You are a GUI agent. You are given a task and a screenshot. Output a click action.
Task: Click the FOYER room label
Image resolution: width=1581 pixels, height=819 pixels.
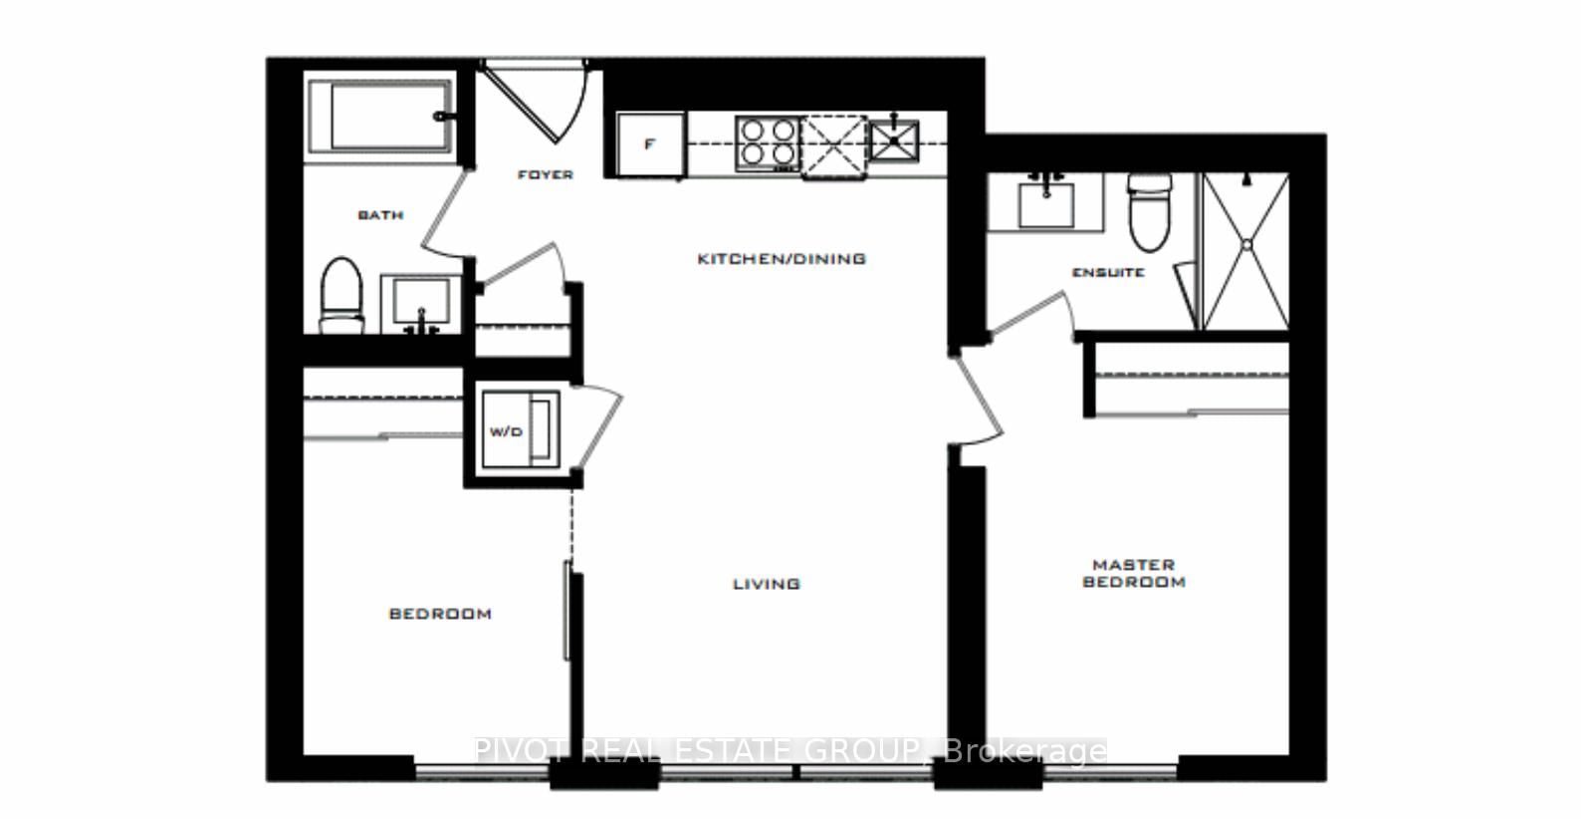pyautogui.click(x=546, y=174)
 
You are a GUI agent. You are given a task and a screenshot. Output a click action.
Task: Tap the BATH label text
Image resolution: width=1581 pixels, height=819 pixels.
pyautogui.click(x=380, y=214)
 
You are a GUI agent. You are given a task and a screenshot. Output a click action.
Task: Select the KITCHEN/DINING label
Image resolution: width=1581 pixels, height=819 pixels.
pyautogui.click(x=781, y=258)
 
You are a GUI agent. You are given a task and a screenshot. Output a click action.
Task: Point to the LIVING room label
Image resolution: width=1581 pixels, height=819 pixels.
pyautogui.click(x=767, y=584)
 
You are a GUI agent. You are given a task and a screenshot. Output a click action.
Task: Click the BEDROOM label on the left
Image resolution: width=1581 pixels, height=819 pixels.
pyautogui.click(x=440, y=614)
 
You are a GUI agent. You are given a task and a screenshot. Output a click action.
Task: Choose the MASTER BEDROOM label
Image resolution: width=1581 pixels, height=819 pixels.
pyautogui.click(x=1134, y=573)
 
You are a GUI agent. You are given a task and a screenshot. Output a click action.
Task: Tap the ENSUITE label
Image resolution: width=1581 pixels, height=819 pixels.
pyautogui.click(x=1108, y=272)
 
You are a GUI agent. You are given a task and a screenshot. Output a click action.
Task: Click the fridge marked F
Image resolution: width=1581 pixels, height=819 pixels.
pyautogui.click(x=650, y=144)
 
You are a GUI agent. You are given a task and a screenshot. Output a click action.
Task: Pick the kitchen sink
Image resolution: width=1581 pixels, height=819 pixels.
pyautogui.click(x=894, y=137)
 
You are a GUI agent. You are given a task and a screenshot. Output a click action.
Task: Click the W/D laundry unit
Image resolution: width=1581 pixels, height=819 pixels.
pyautogui.click(x=517, y=430)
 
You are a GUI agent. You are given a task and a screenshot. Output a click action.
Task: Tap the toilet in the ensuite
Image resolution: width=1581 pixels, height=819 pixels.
pyautogui.click(x=1150, y=214)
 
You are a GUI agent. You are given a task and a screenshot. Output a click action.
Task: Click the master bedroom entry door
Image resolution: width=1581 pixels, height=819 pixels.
pyautogui.click(x=981, y=399)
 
